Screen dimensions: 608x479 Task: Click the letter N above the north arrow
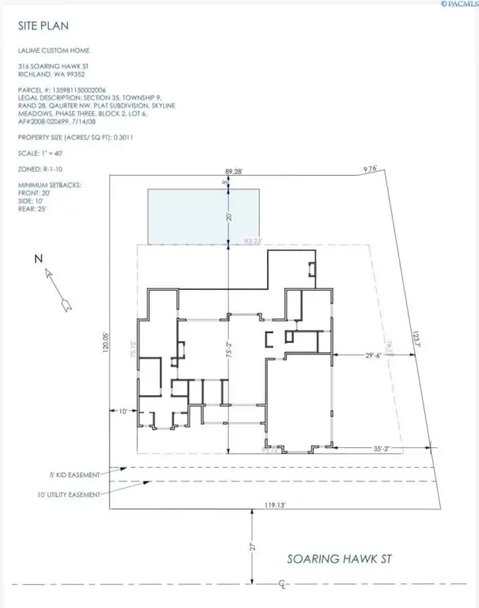coord(37,258)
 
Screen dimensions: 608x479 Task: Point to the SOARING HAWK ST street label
coord(338,559)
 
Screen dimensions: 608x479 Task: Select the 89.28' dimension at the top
coord(234,171)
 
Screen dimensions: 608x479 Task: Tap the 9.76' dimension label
coord(371,169)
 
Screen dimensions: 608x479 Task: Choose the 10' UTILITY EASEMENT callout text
coord(67,495)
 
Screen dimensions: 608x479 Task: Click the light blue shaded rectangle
coord(203,216)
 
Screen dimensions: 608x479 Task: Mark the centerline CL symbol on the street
coord(283,587)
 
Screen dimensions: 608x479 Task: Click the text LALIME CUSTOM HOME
coord(53,50)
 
